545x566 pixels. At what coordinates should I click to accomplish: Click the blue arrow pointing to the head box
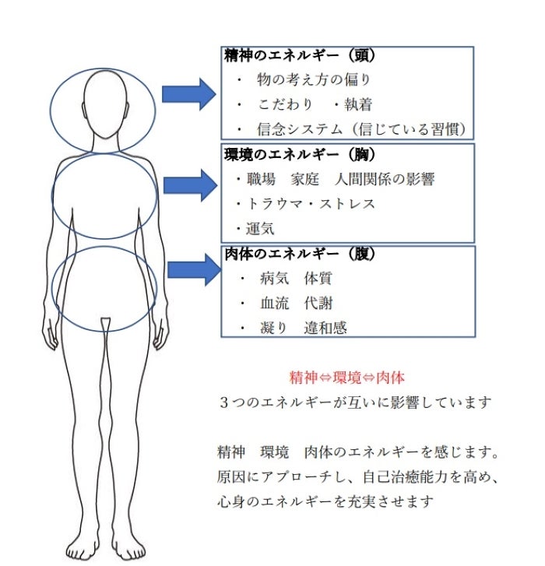pyautogui.click(x=188, y=94)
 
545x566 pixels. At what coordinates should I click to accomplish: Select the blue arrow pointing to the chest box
pyautogui.click(x=190, y=185)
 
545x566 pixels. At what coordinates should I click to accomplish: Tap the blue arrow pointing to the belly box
pyautogui.click(x=195, y=269)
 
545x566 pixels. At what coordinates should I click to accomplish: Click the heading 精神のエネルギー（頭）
pyautogui.click(x=300, y=55)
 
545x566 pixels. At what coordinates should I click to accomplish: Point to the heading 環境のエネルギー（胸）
pyautogui.click(x=300, y=154)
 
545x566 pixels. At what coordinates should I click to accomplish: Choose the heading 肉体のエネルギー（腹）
pyautogui.click(x=300, y=254)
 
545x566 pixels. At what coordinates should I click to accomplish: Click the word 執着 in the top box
pyautogui.click(x=358, y=104)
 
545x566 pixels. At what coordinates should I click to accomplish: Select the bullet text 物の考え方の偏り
pyautogui.click(x=314, y=79)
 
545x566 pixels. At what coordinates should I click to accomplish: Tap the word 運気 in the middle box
pyautogui.click(x=260, y=228)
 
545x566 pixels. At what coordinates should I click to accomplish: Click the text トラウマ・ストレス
pyautogui.click(x=311, y=204)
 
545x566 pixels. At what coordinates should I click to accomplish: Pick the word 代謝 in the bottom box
pyautogui.click(x=318, y=303)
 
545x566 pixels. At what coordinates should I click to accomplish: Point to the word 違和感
pyautogui.click(x=325, y=328)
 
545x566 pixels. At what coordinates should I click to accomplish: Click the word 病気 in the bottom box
pyautogui.click(x=274, y=278)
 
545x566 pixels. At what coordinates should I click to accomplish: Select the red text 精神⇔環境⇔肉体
pyautogui.click(x=347, y=378)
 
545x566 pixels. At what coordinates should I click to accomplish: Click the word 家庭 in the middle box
pyautogui.click(x=305, y=179)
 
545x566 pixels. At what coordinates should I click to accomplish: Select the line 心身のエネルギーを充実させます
pyautogui.click(x=325, y=501)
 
